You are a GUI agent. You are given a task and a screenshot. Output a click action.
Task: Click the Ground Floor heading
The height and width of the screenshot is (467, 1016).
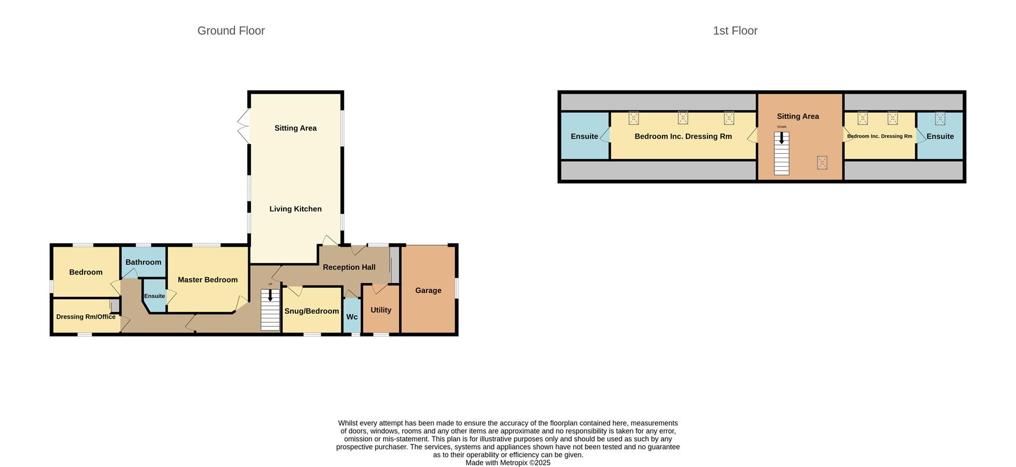coord(231,31)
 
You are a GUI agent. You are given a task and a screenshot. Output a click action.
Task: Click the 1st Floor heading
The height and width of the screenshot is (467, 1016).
coord(735,31)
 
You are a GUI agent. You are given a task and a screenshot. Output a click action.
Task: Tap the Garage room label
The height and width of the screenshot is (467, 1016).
coord(428,290)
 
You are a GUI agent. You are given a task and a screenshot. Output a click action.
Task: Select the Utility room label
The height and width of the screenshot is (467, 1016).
coord(380,310)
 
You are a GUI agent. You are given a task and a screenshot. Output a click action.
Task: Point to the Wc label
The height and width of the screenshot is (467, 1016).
coord(352,317)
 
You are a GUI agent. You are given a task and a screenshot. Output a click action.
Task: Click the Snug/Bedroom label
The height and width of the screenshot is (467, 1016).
coord(312,311)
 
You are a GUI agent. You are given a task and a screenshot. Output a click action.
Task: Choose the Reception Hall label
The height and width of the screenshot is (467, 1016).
coord(349,267)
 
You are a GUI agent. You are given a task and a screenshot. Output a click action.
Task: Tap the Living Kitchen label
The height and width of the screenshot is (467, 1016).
coord(295,209)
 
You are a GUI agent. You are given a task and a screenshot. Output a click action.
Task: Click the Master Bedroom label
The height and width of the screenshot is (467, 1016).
coord(207,280)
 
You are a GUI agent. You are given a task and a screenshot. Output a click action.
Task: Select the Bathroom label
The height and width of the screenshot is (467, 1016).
coord(143,262)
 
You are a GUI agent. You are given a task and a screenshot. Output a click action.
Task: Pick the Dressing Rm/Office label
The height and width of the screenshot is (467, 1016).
coord(86,317)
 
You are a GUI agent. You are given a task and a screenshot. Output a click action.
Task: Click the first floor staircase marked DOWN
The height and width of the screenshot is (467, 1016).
coord(782,153)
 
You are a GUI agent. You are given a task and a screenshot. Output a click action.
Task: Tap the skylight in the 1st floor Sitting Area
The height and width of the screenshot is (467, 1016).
coord(822,162)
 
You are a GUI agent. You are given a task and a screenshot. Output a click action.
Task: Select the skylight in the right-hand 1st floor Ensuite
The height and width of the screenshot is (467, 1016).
coord(940,118)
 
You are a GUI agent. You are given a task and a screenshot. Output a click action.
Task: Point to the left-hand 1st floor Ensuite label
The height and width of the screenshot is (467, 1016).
coord(584,136)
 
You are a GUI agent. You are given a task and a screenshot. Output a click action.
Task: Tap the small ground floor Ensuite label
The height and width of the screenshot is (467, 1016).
coord(155,296)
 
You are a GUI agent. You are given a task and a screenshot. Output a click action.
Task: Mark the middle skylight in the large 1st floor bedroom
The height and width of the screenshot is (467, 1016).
coord(683,117)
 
